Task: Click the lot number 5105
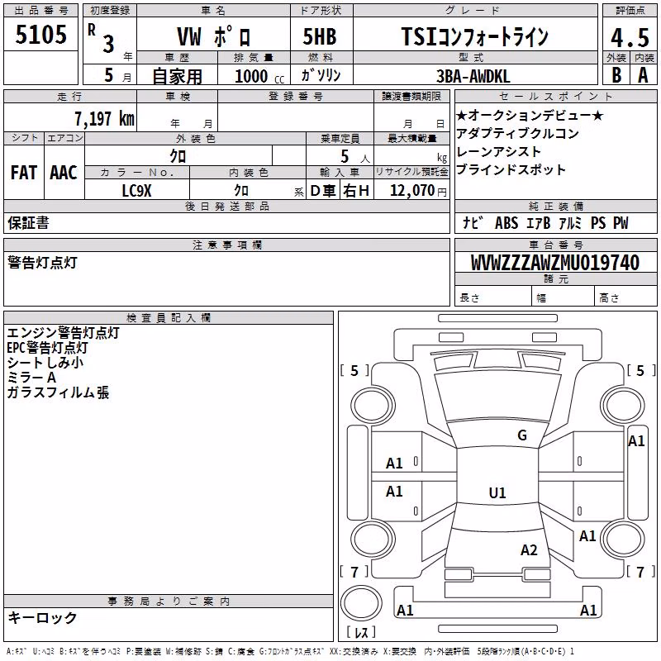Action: (40, 35)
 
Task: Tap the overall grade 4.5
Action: (630, 37)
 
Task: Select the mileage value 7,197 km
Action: (104, 118)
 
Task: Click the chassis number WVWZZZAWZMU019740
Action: (555, 263)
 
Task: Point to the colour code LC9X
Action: (136, 191)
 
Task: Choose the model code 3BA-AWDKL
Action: (473, 76)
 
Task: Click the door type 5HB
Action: (320, 36)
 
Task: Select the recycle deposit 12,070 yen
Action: (418, 191)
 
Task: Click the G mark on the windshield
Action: (522, 435)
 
